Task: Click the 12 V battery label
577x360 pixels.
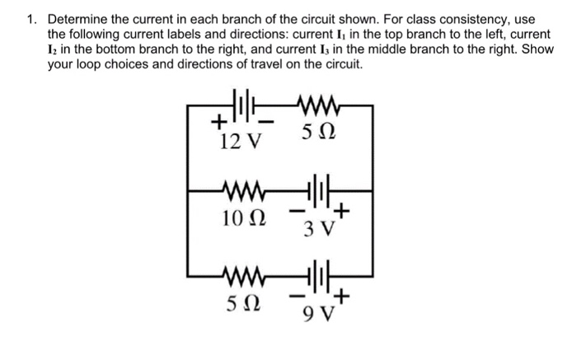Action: point(241,142)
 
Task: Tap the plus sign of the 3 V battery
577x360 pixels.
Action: point(345,213)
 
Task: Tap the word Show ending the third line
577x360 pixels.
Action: point(537,49)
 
